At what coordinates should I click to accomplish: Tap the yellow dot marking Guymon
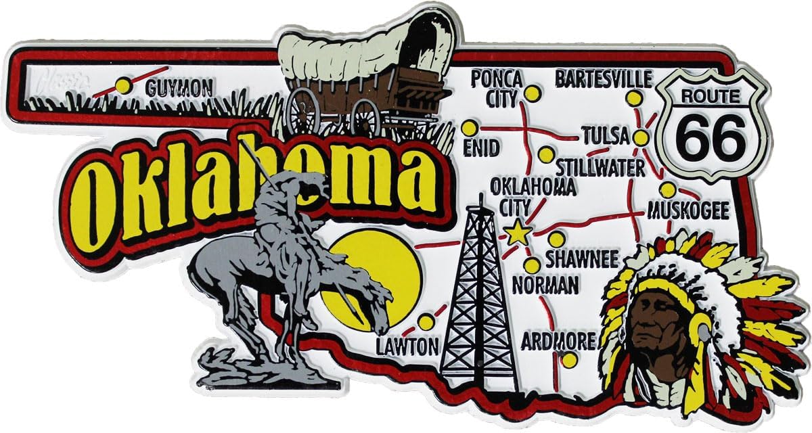122,85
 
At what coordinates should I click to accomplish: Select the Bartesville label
604,78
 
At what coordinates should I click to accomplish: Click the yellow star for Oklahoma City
518,233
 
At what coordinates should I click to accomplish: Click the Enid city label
481,147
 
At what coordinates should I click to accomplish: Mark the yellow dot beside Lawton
426,321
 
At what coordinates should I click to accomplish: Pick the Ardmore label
558,340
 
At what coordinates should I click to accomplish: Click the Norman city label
545,285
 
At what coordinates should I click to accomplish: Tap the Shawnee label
581,258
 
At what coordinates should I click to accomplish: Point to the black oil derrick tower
478,298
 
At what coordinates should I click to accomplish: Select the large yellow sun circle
376,271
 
